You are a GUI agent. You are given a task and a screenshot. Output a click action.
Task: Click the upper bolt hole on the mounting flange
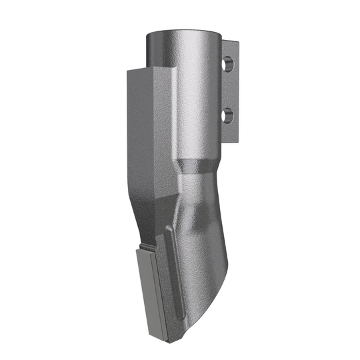click(x=229, y=65)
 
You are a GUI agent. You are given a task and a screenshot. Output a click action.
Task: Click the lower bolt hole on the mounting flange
click(x=229, y=116)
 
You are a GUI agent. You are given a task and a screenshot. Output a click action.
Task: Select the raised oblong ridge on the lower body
click(x=171, y=267)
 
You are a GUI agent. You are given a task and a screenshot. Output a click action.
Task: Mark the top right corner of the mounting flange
click(x=238, y=43)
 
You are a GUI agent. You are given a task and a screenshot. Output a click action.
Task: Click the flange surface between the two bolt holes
click(x=230, y=90)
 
